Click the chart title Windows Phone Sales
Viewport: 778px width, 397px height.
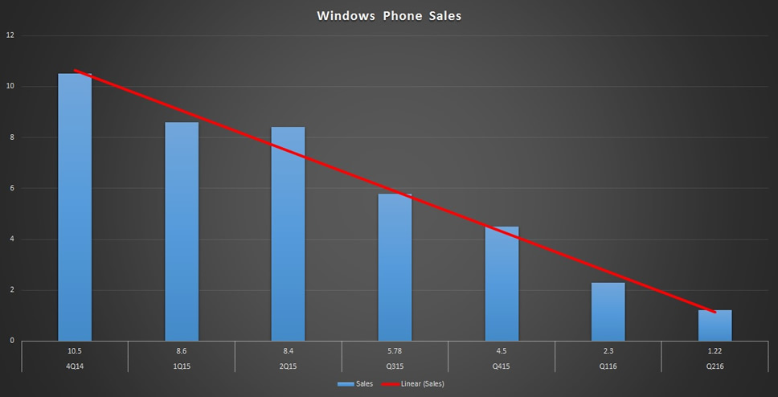tap(389, 15)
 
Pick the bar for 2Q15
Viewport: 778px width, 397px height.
tap(289, 234)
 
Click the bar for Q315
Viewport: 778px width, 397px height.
tap(395, 267)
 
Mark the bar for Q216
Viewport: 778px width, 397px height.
tap(715, 325)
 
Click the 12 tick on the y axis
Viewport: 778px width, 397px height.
tap(10, 35)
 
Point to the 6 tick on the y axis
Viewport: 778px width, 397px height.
tap(10, 188)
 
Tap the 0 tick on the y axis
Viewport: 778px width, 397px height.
tap(10, 341)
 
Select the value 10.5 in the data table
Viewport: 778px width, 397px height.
tap(75, 350)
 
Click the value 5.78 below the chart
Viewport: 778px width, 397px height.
tap(395, 350)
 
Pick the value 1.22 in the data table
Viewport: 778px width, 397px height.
tap(715, 350)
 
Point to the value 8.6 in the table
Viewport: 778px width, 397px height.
tap(182, 350)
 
